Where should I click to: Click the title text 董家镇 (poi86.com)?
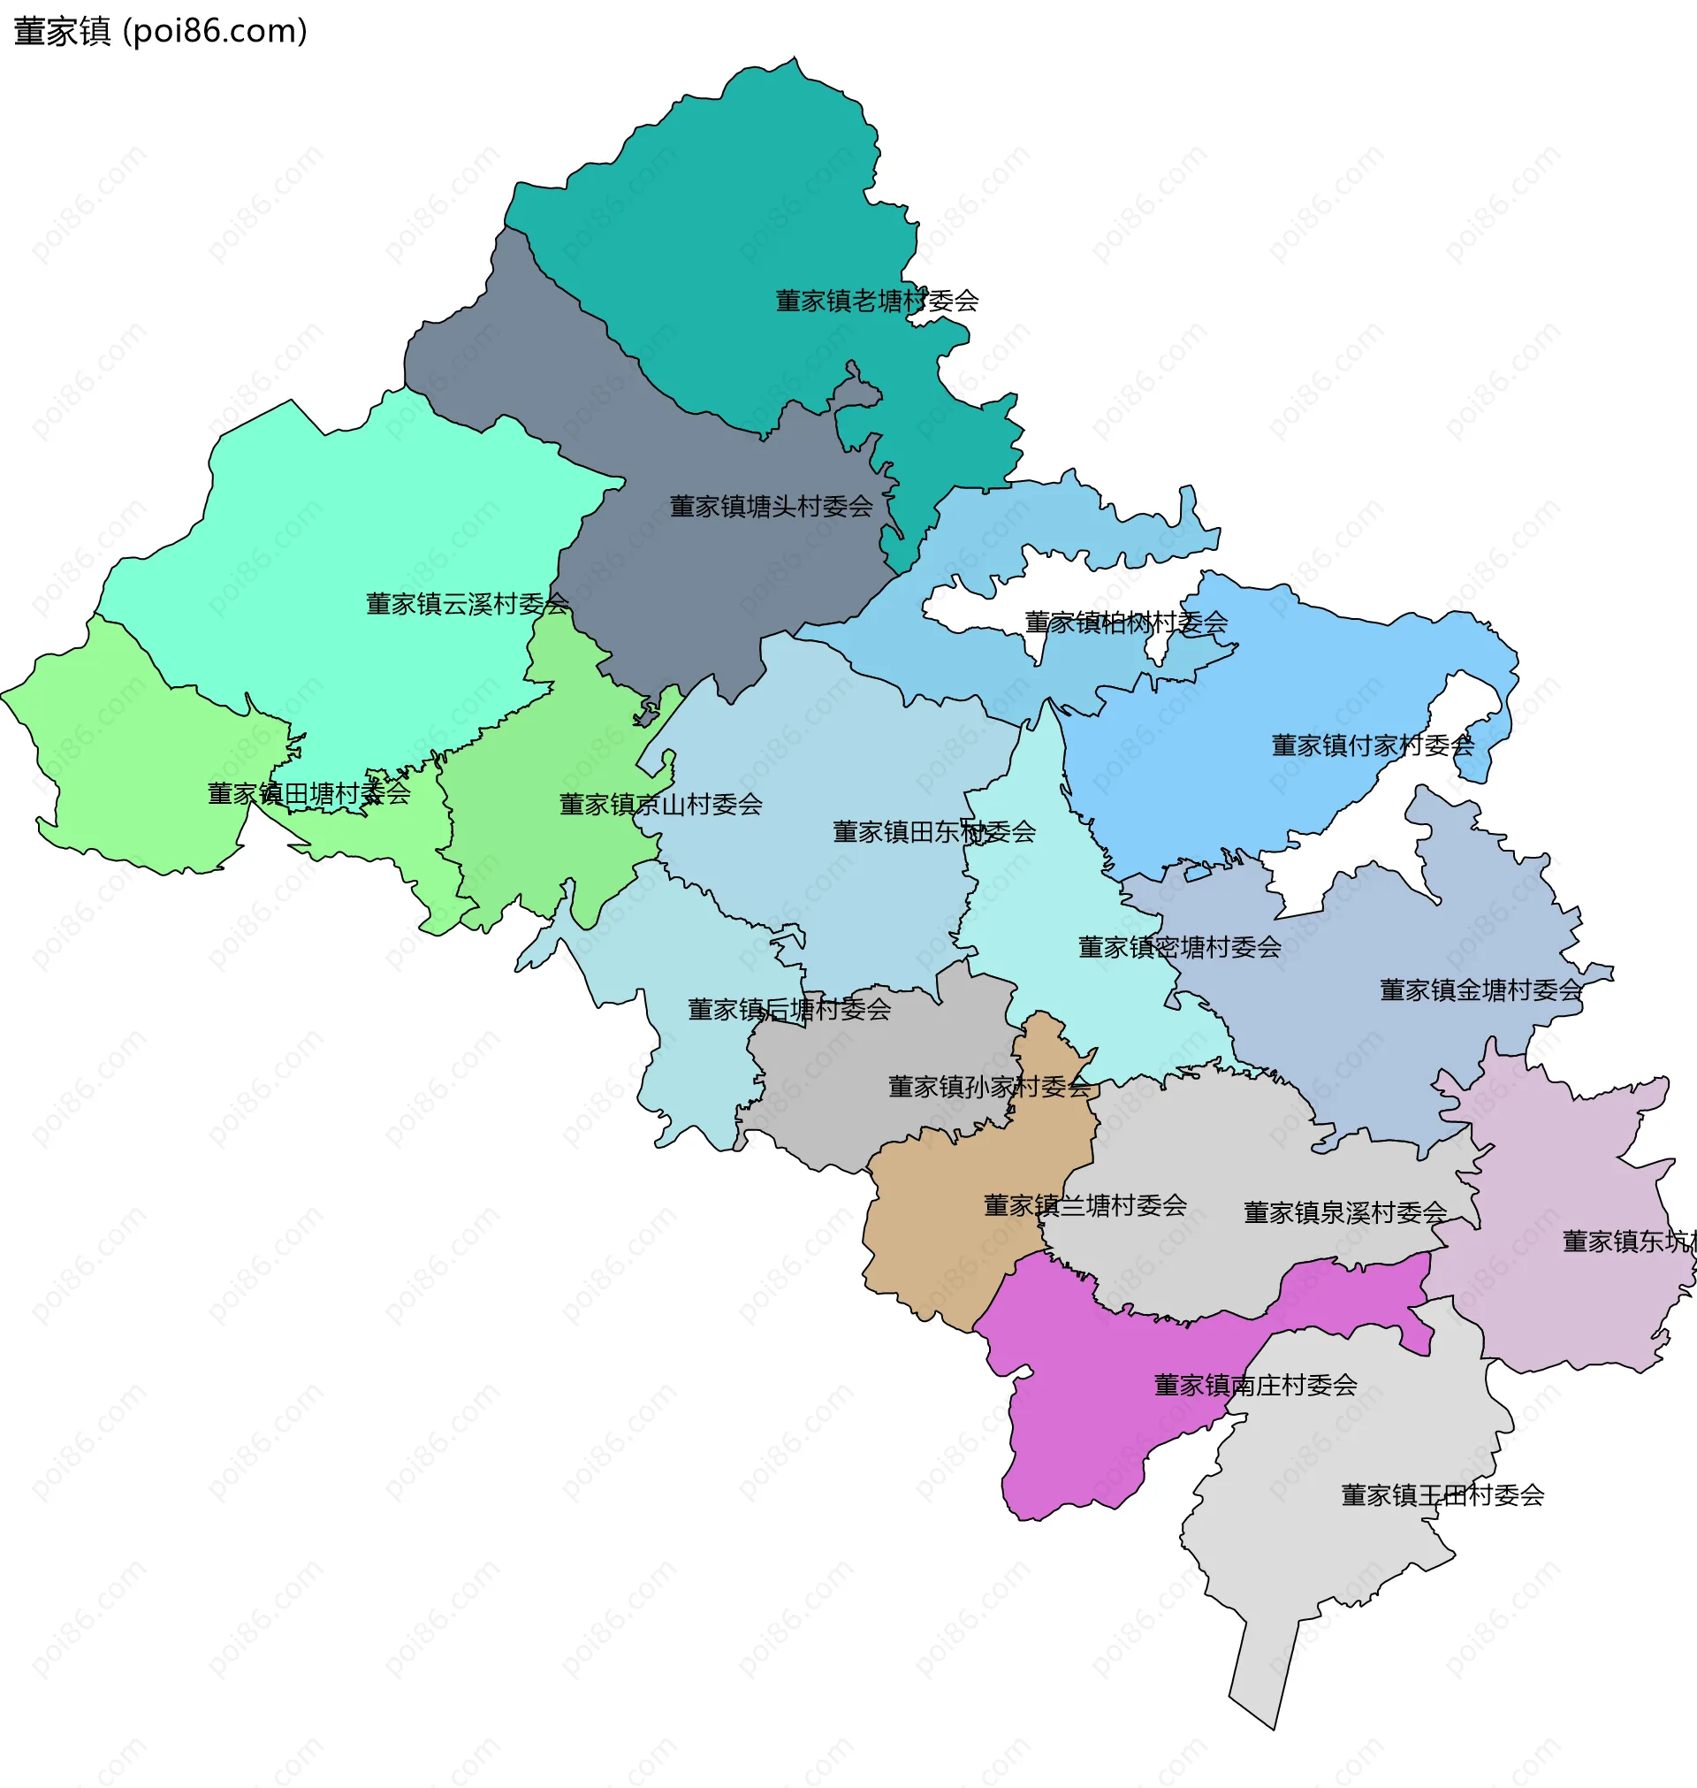click(x=160, y=32)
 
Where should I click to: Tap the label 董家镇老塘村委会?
click(x=877, y=302)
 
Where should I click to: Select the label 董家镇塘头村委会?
click(x=771, y=507)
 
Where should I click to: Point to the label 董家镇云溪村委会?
click(x=467, y=605)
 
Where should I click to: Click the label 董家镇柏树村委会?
click(x=1125, y=623)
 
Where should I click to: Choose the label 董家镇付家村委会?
click(x=1373, y=745)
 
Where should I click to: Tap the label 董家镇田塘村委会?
click(x=308, y=794)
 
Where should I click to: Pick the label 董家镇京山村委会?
click(x=660, y=805)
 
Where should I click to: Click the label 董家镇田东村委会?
click(x=933, y=832)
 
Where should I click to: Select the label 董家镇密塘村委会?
click(x=1179, y=947)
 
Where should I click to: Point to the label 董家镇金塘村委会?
click(x=1480, y=990)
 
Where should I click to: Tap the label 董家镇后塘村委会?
click(x=788, y=1010)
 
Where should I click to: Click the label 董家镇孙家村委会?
click(x=989, y=1087)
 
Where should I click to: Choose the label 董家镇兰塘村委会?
click(x=1084, y=1205)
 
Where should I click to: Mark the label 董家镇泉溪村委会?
click(x=1344, y=1212)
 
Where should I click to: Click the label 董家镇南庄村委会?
click(x=1255, y=1385)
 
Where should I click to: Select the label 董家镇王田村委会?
click(x=1441, y=1494)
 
